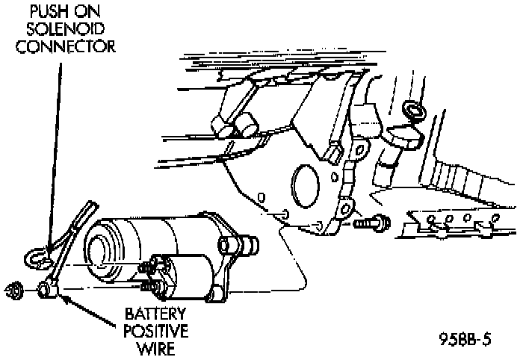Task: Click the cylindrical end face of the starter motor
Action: [103, 246]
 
